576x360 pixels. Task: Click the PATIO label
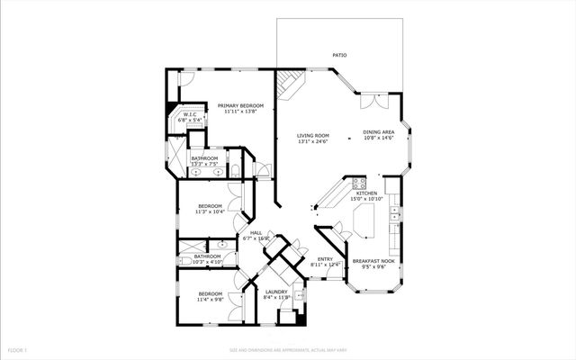point(339,54)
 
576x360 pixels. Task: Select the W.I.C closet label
point(191,114)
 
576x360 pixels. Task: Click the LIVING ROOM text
point(313,136)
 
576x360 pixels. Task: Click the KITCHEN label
point(366,193)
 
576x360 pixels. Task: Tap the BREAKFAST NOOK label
point(373,261)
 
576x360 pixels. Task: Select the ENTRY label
point(325,259)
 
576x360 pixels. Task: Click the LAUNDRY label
point(276,292)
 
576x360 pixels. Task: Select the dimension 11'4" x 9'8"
point(210,300)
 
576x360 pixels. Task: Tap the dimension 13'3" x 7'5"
point(204,165)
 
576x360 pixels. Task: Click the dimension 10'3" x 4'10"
point(208,262)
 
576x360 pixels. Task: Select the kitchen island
point(365,216)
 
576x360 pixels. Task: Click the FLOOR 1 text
point(19,349)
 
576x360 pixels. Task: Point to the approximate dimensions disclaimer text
point(288,349)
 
